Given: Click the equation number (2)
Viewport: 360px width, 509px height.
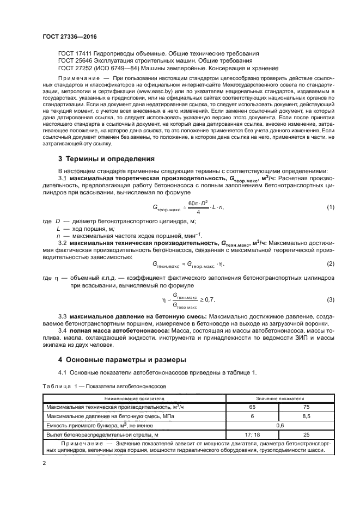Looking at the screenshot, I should tap(330, 263).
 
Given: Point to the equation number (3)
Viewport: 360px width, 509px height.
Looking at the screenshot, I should tap(330, 299).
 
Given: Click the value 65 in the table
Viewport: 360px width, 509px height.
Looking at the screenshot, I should tap(252, 407).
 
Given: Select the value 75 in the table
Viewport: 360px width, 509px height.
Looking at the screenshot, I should tap(306, 407).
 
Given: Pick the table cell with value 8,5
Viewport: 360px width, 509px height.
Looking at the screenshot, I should tap(306, 416).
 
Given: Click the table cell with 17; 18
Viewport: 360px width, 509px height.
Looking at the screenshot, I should tap(252, 434).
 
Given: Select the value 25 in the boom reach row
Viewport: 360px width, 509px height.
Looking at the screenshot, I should tap(306, 434).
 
